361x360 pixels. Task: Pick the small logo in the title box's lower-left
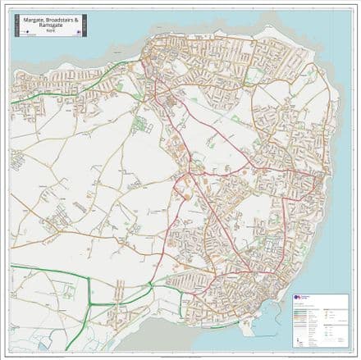(23, 33)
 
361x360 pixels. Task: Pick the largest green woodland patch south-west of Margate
(139, 125)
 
